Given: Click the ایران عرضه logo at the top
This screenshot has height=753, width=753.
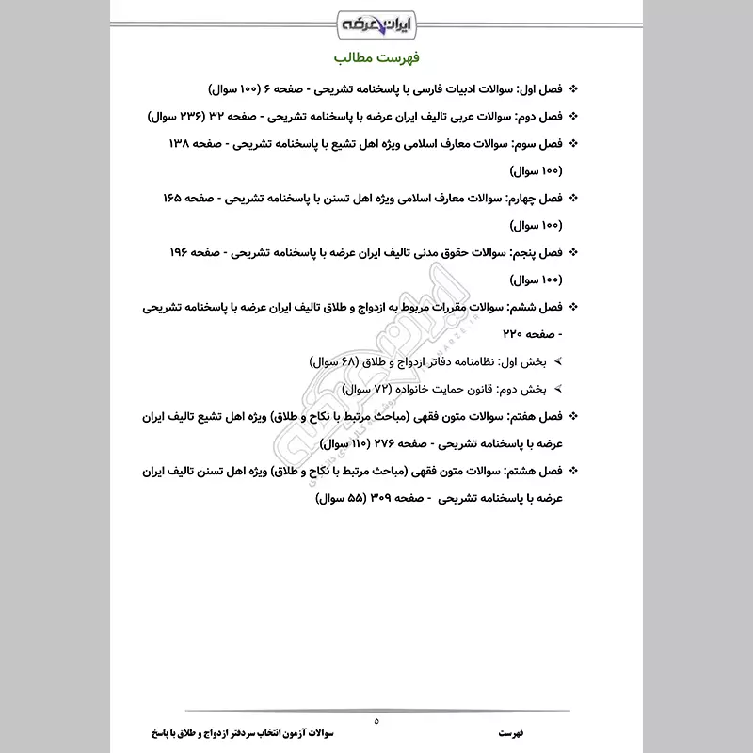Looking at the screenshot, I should (x=376, y=20).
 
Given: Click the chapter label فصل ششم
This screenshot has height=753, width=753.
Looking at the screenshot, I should (x=537, y=308).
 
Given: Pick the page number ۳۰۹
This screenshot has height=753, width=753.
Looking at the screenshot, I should (x=365, y=498).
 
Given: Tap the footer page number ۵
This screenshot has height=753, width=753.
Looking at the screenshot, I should (x=376, y=720).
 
